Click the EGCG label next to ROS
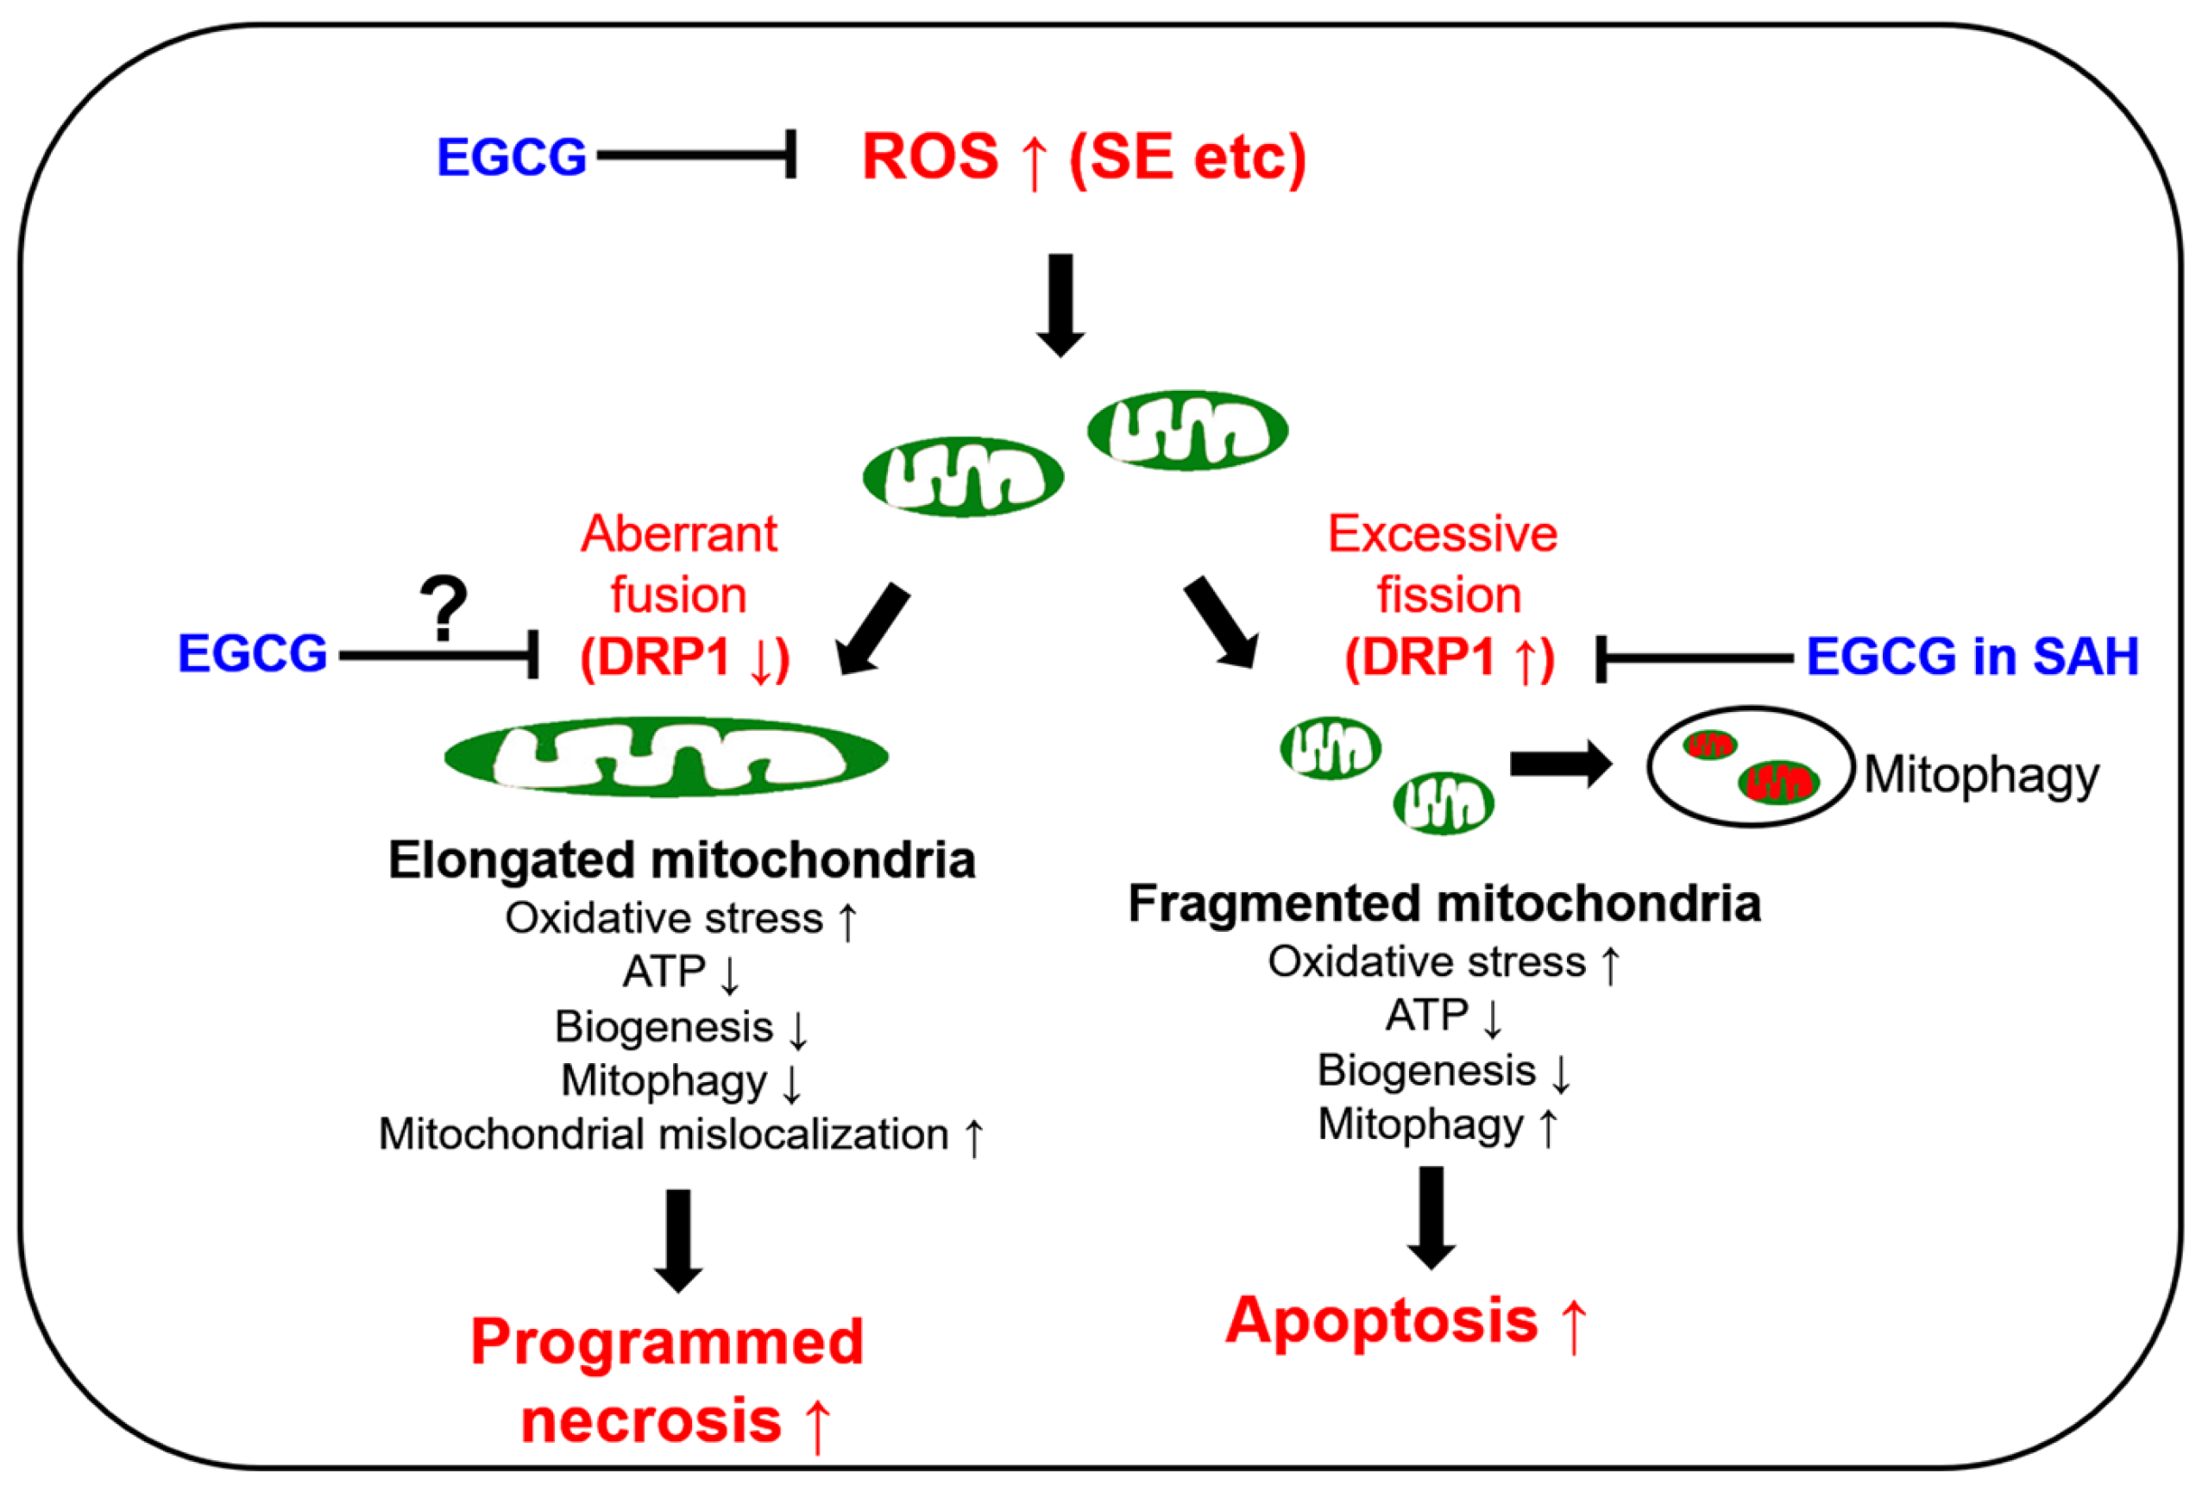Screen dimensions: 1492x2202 (x=511, y=157)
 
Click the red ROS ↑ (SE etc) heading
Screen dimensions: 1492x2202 (x=1083, y=156)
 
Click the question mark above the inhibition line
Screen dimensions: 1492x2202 (x=444, y=609)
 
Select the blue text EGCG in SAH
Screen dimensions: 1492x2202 (x=1972, y=656)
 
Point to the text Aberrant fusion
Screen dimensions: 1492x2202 (x=678, y=564)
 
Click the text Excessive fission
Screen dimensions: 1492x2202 (x=1442, y=564)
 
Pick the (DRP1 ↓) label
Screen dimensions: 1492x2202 (x=684, y=657)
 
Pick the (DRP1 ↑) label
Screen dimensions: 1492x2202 (x=1450, y=657)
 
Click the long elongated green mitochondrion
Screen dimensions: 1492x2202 (x=666, y=756)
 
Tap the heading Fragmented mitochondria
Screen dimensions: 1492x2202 (x=1444, y=903)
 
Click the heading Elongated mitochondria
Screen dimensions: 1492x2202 (x=682, y=860)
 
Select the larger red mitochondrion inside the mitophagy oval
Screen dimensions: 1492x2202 (x=1777, y=782)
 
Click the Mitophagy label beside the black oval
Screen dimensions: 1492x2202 (x=1981, y=775)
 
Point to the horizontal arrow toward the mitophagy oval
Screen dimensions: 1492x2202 (x=1559, y=764)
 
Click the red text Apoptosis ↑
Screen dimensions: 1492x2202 (x=1406, y=1320)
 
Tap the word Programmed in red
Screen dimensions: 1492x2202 (x=666, y=1343)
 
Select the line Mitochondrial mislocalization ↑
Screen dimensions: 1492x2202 (x=680, y=1134)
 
